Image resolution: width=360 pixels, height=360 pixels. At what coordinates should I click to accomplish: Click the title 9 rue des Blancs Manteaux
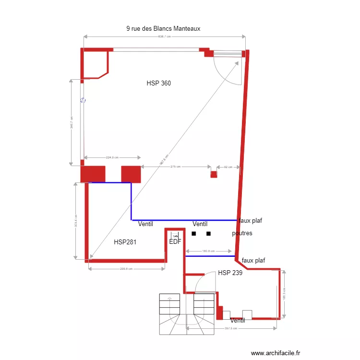coord(163,29)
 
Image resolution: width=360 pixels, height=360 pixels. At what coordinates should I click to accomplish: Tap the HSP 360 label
coord(159,84)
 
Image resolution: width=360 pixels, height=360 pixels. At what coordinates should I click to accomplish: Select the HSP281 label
coord(125,242)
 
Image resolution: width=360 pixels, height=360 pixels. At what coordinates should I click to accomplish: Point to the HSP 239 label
coord(230,273)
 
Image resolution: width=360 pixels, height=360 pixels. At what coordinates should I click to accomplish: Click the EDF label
coord(175,242)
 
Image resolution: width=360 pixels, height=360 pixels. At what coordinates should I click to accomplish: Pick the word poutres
coord(242,233)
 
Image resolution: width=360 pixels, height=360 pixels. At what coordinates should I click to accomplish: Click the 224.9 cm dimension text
coord(112,157)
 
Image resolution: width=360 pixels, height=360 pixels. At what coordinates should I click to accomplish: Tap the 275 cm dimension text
coord(175,167)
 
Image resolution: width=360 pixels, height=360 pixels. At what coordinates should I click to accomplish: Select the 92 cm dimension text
coord(228,167)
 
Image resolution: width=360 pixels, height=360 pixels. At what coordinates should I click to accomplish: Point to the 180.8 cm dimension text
coord(208,251)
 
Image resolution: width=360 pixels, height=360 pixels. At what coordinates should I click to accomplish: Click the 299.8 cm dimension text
coord(126,269)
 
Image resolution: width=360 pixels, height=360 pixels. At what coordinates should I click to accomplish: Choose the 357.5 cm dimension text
coord(231,329)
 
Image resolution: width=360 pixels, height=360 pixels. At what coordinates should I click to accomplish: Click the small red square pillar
coord(214,174)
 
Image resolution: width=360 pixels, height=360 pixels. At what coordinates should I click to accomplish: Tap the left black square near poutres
coord(194,234)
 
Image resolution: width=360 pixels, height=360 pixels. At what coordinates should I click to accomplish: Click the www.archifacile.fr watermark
coord(276,353)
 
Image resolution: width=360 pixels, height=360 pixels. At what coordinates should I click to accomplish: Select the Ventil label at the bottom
coord(238,321)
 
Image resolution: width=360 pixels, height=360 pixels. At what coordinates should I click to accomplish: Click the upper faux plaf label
coord(250,220)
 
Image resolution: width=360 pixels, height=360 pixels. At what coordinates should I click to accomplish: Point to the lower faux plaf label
coord(254,261)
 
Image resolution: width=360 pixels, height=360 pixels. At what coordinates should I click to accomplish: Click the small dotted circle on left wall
coord(83,100)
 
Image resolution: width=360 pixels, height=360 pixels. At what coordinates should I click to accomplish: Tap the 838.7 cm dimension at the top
coord(164,36)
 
